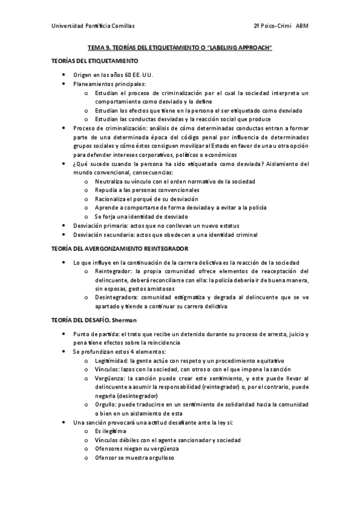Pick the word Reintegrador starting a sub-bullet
pyautogui.click(x=113, y=271)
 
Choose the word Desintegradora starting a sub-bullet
pyautogui.click(x=116, y=297)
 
